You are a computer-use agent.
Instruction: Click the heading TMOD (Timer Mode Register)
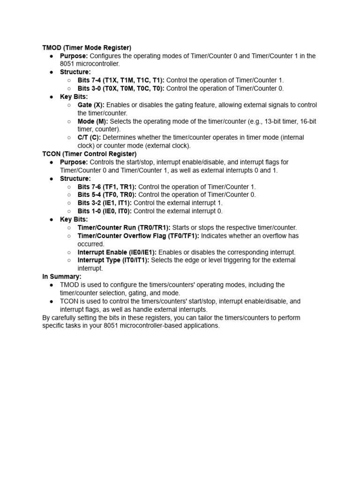point(87,48)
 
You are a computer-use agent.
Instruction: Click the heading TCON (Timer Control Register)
point(90,154)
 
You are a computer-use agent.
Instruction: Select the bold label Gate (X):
point(91,105)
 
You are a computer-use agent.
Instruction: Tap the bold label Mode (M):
point(93,121)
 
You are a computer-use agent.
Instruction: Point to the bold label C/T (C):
point(89,138)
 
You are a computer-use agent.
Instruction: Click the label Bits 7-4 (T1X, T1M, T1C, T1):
point(121,80)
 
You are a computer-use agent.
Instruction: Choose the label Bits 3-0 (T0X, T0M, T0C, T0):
point(121,89)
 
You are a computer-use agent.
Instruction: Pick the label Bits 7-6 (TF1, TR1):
point(107,187)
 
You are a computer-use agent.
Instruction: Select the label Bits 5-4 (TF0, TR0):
point(107,195)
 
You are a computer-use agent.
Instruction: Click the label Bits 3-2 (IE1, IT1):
point(105,203)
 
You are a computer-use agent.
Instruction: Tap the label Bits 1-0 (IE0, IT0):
point(105,211)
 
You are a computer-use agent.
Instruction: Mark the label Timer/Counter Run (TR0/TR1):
point(124,227)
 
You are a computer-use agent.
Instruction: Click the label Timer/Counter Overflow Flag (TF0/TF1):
point(138,236)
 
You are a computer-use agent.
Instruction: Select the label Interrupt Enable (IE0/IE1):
point(117,252)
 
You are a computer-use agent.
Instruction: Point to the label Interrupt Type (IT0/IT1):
point(113,260)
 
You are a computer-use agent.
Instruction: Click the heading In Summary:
point(62,277)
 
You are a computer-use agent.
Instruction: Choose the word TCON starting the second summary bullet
point(68,301)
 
